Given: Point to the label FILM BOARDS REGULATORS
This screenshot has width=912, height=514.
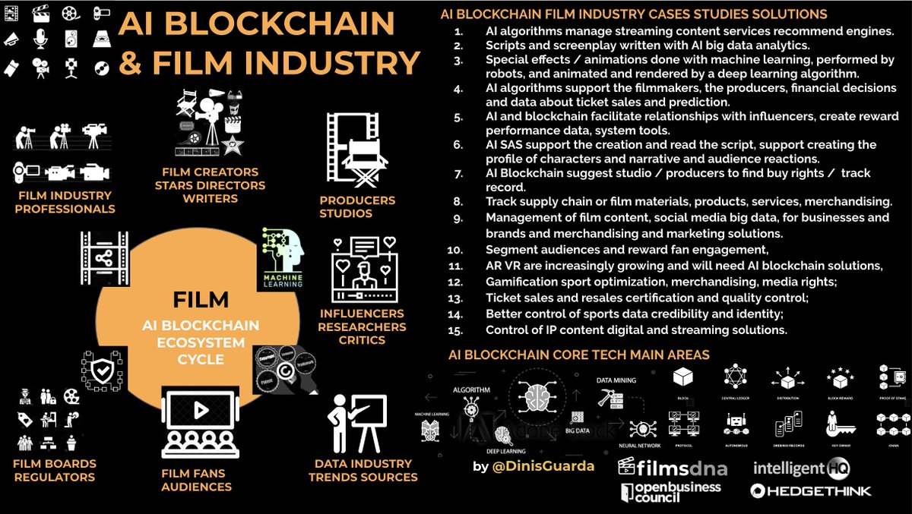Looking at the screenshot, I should (54, 470).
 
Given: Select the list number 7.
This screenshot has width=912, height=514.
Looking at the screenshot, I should (458, 173).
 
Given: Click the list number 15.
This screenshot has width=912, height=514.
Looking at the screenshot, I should (456, 330).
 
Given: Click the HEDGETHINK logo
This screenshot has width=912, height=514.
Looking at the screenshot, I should (810, 491).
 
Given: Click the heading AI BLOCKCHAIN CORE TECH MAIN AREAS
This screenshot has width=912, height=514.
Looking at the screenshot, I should (579, 355).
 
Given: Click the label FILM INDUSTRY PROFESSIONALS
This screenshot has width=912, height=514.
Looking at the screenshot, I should (67, 202).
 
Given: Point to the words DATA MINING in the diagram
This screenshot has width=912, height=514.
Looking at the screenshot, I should (616, 379).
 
